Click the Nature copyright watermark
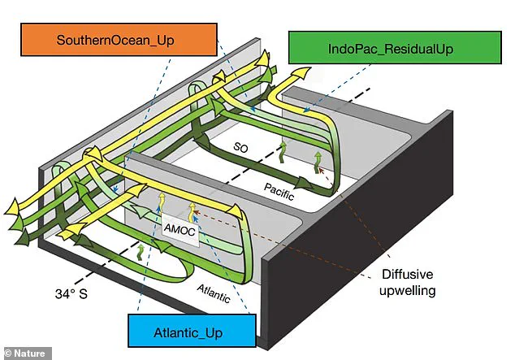tap(26, 353)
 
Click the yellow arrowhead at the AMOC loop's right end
tap(238, 211)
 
